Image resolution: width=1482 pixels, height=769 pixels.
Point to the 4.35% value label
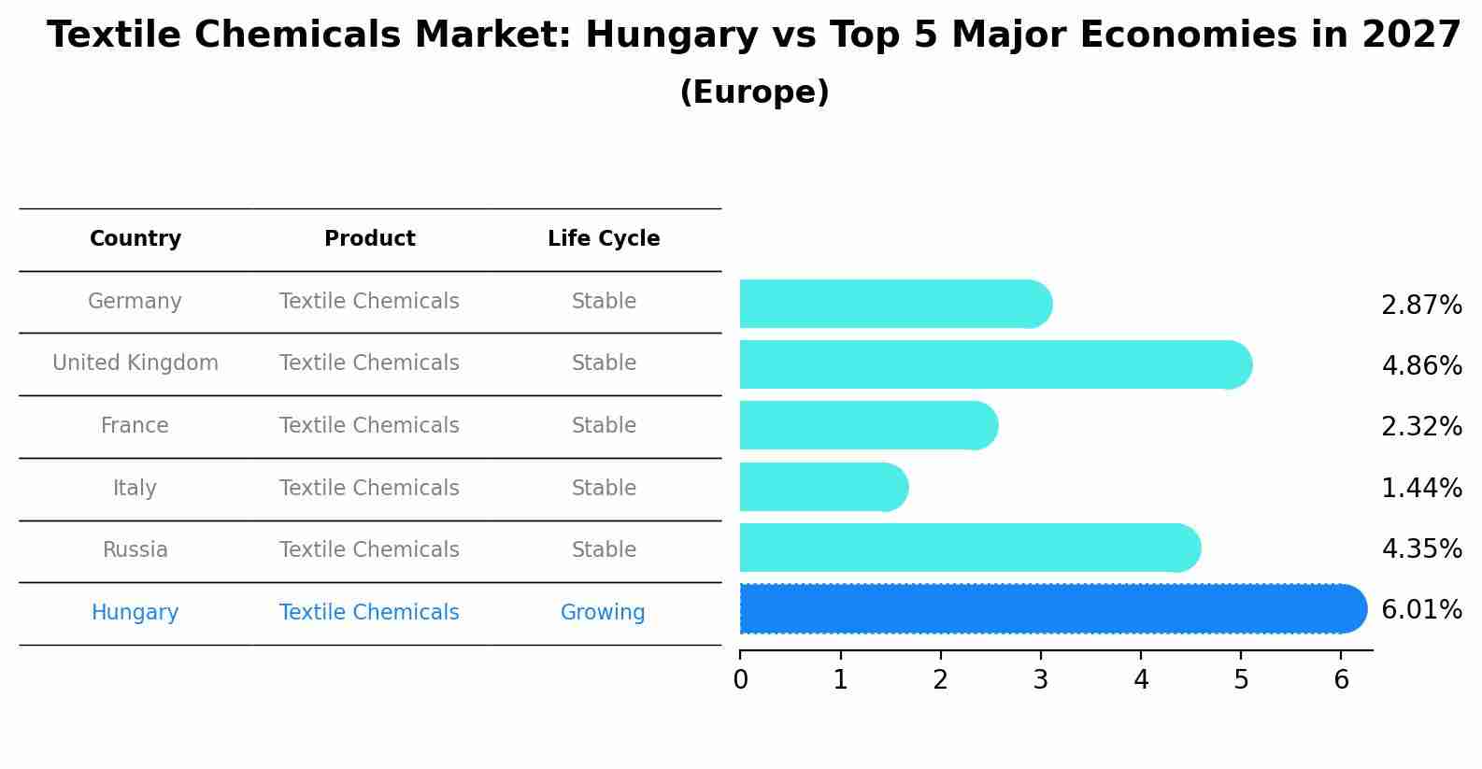click(x=1421, y=548)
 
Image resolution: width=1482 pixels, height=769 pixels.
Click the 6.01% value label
click(x=1421, y=609)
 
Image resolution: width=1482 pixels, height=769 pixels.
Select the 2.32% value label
click(x=1421, y=426)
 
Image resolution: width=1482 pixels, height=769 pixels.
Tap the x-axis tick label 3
click(x=1040, y=680)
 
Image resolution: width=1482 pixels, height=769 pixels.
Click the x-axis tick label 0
click(x=740, y=680)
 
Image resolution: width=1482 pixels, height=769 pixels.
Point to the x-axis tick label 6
click(x=1341, y=680)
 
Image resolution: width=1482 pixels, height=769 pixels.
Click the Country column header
click(x=135, y=239)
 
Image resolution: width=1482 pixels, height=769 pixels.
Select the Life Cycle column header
click(x=604, y=239)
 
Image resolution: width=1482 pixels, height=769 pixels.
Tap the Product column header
click(x=369, y=239)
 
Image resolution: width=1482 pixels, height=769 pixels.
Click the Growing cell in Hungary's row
click(x=603, y=613)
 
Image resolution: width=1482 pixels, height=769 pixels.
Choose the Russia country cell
click(x=135, y=550)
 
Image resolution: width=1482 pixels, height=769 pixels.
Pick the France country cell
click(x=135, y=426)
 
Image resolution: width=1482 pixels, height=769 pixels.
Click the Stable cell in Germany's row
click(x=604, y=302)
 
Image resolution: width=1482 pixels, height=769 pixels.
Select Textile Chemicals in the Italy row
click(x=369, y=489)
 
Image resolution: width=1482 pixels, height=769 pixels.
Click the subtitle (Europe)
click(x=754, y=93)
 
